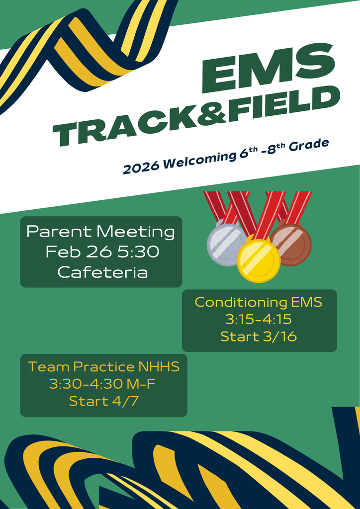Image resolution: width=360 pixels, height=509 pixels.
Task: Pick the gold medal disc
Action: click(259, 260)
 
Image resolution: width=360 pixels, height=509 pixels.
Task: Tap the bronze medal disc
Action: click(291, 244)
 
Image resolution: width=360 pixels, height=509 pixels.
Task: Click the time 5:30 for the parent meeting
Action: click(139, 252)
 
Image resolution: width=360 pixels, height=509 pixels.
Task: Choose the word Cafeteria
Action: click(102, 272)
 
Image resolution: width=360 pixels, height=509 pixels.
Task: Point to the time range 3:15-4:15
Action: click(259, 319)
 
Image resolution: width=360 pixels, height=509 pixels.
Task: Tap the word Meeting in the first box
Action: click(135, 232)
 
